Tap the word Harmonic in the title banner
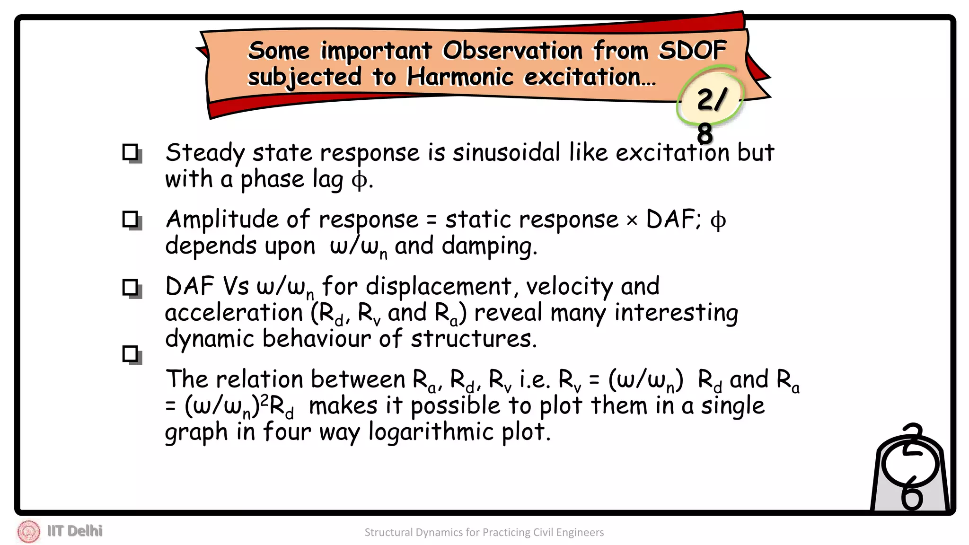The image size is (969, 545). (x=460, y=77)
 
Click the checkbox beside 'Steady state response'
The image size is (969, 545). (x=131, y=153)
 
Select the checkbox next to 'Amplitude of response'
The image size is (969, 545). (x=131, y=220)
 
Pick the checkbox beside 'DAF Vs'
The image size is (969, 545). (x=131, y=288)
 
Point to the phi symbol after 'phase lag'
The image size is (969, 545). (x=360, y=180)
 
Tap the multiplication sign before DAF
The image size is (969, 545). (x=632, y=220)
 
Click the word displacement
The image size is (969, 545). (x=438, y=287)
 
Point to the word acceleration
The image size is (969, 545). (x=234, y=313)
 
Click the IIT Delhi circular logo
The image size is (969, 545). (x=28, y=531)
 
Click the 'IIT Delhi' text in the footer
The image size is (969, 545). (x=75, y=531)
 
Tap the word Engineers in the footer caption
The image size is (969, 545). (x=580, y=533)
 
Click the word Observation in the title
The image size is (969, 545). (x=512, y=50)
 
